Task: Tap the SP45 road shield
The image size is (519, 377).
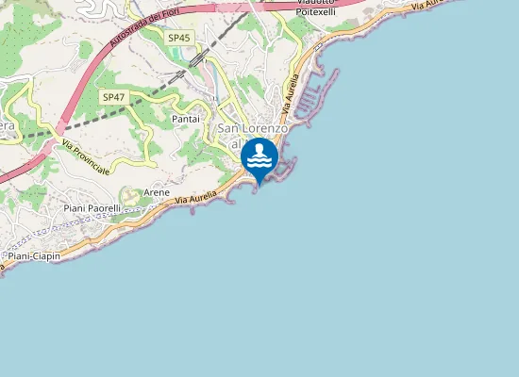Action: click(x=178, y=38)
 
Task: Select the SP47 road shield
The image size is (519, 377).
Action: click(x=112, y=97)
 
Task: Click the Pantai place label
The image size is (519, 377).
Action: click(x=186, y=120)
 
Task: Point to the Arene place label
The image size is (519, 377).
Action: click(x=157, y=192)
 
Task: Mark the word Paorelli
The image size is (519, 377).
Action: click(x=104, y=207)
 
